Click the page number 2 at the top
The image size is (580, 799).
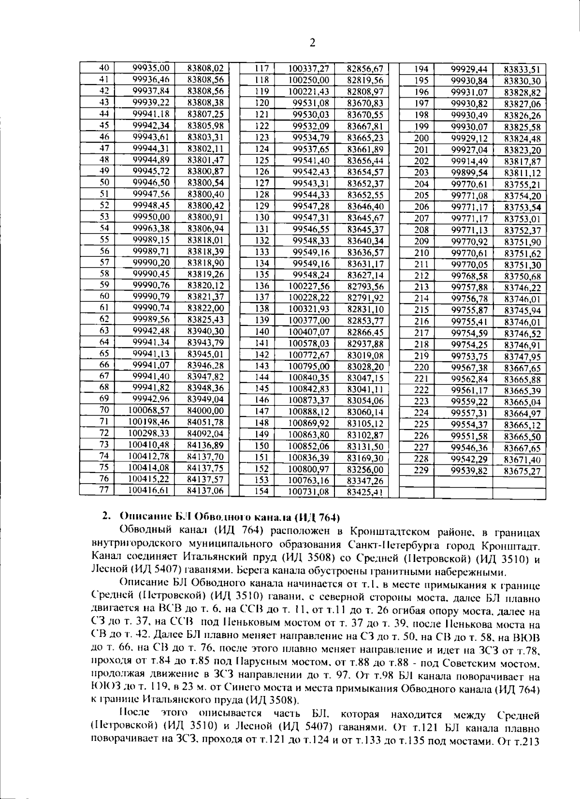coord(312,43)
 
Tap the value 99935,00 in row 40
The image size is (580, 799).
coord(150,68)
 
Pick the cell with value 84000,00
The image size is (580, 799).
coord(205,410)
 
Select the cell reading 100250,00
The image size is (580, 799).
coord(309,80)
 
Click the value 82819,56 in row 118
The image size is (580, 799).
coord(364,80)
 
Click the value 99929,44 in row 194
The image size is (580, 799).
coord(469,69)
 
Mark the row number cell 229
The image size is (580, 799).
coord(422,470)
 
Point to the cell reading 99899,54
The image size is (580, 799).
coord(469,172)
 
